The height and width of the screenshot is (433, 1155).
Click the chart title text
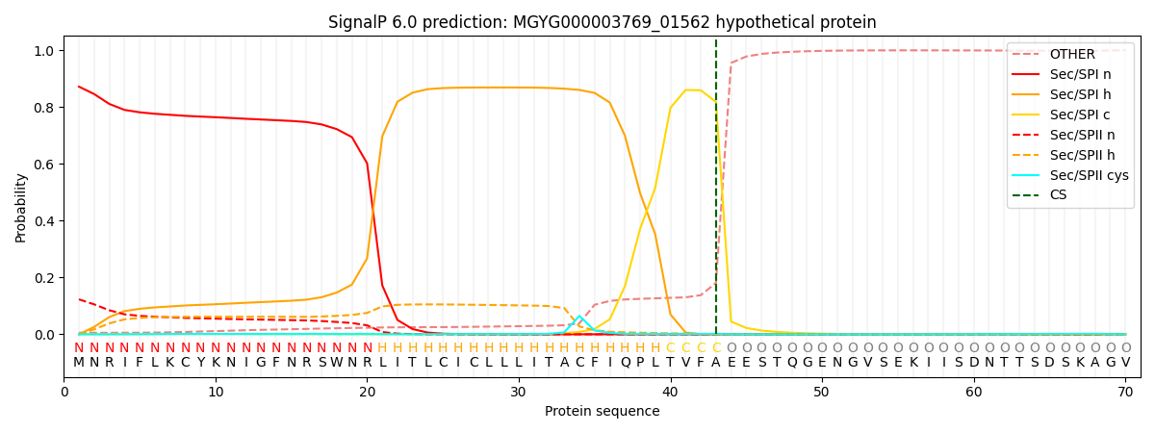click(x=602, y=22)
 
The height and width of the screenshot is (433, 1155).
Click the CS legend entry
click(x=1058, y=195)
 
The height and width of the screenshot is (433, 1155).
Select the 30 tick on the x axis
click(x=518, y=393)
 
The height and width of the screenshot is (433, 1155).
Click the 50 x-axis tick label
click(x=821, y=393)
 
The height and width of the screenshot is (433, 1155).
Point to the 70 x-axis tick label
click(x=1125, y=393)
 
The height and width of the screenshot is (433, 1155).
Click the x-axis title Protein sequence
click(x=602, y=412)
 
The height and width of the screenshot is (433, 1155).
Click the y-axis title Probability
click(x=21, y=207)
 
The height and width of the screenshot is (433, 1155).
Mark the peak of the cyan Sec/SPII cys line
click(x=579, y=316)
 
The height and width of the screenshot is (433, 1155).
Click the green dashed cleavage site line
click(x=716, y=192)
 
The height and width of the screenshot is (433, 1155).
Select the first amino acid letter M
click(x=79, y=363)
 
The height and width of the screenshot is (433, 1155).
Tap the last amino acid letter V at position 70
click(x=1125, y=363)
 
